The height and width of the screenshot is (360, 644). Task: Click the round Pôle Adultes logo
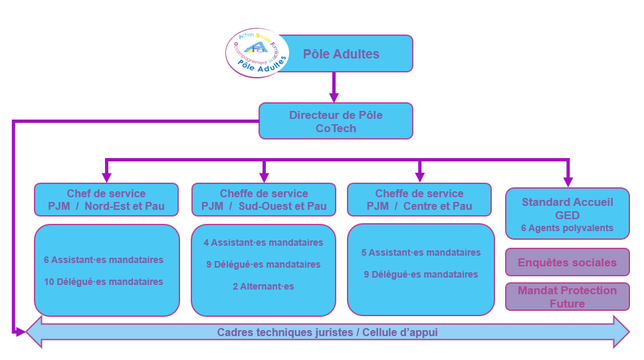pos(257,53)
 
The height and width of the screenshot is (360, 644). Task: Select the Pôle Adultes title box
pos(341,54)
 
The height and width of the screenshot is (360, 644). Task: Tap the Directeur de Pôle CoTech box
pos(336,121)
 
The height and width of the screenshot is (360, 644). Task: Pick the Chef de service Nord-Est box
pos(106,199)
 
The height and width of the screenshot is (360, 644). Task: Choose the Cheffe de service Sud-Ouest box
pos(264,199)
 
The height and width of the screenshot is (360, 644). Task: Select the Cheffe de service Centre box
pos(419,199)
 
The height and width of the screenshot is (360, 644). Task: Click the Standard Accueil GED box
pos(567,213)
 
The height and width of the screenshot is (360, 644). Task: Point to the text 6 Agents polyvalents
pos(567,228)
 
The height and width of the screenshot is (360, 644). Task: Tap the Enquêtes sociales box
pos(567,262)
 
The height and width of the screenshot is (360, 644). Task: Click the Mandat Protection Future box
pos(567,297)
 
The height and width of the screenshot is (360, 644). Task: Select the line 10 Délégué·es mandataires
pos(104,282)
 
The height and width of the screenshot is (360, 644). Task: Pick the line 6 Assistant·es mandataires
pos(104,260)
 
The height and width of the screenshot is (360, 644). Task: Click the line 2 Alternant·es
pos(263,286)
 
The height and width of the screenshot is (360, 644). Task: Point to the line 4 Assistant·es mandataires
pos(263,242)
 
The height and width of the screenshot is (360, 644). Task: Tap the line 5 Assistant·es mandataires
pos(421,252)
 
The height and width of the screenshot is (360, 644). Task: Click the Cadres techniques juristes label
pos(327,332)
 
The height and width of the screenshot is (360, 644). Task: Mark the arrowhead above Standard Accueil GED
pos(568,181)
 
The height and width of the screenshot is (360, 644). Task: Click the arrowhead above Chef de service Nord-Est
pos(106,177)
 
